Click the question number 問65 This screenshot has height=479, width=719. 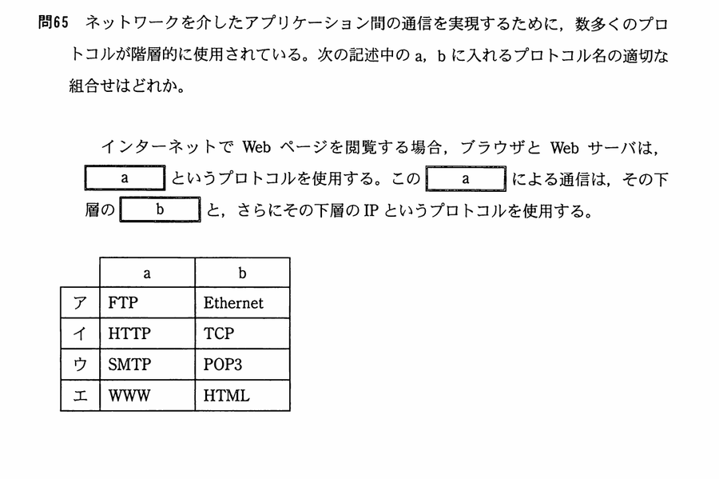(x=53, y=22)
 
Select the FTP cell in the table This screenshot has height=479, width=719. (x=147, y=303)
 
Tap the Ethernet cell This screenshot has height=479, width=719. (x=243, y=303)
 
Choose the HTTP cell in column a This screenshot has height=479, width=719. (x=147, y=333)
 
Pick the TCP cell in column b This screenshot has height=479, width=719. (x=243, y=333)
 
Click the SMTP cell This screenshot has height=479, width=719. (x=147, y=365)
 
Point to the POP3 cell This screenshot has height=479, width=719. (x=243, y=365)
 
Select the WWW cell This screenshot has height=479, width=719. (x=147, y=395)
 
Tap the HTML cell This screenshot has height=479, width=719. (x=243, y=395)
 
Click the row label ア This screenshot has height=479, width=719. (x=80, y=303)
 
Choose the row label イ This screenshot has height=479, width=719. (x=80, y=333)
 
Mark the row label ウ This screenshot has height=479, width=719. (x=80, y=365)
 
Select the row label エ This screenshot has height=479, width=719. (x=80, y=395)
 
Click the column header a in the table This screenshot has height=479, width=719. (x=147, y=273)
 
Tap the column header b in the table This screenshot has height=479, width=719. (x=243, y=273)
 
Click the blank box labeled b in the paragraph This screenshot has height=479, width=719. (x=160, y=210)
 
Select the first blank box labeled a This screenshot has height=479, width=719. (x=125, y=178)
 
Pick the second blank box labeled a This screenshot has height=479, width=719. (x=466, y=178)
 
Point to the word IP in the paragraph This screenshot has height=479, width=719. (x=371, y=210)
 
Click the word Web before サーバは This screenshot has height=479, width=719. (x=565, y=148)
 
